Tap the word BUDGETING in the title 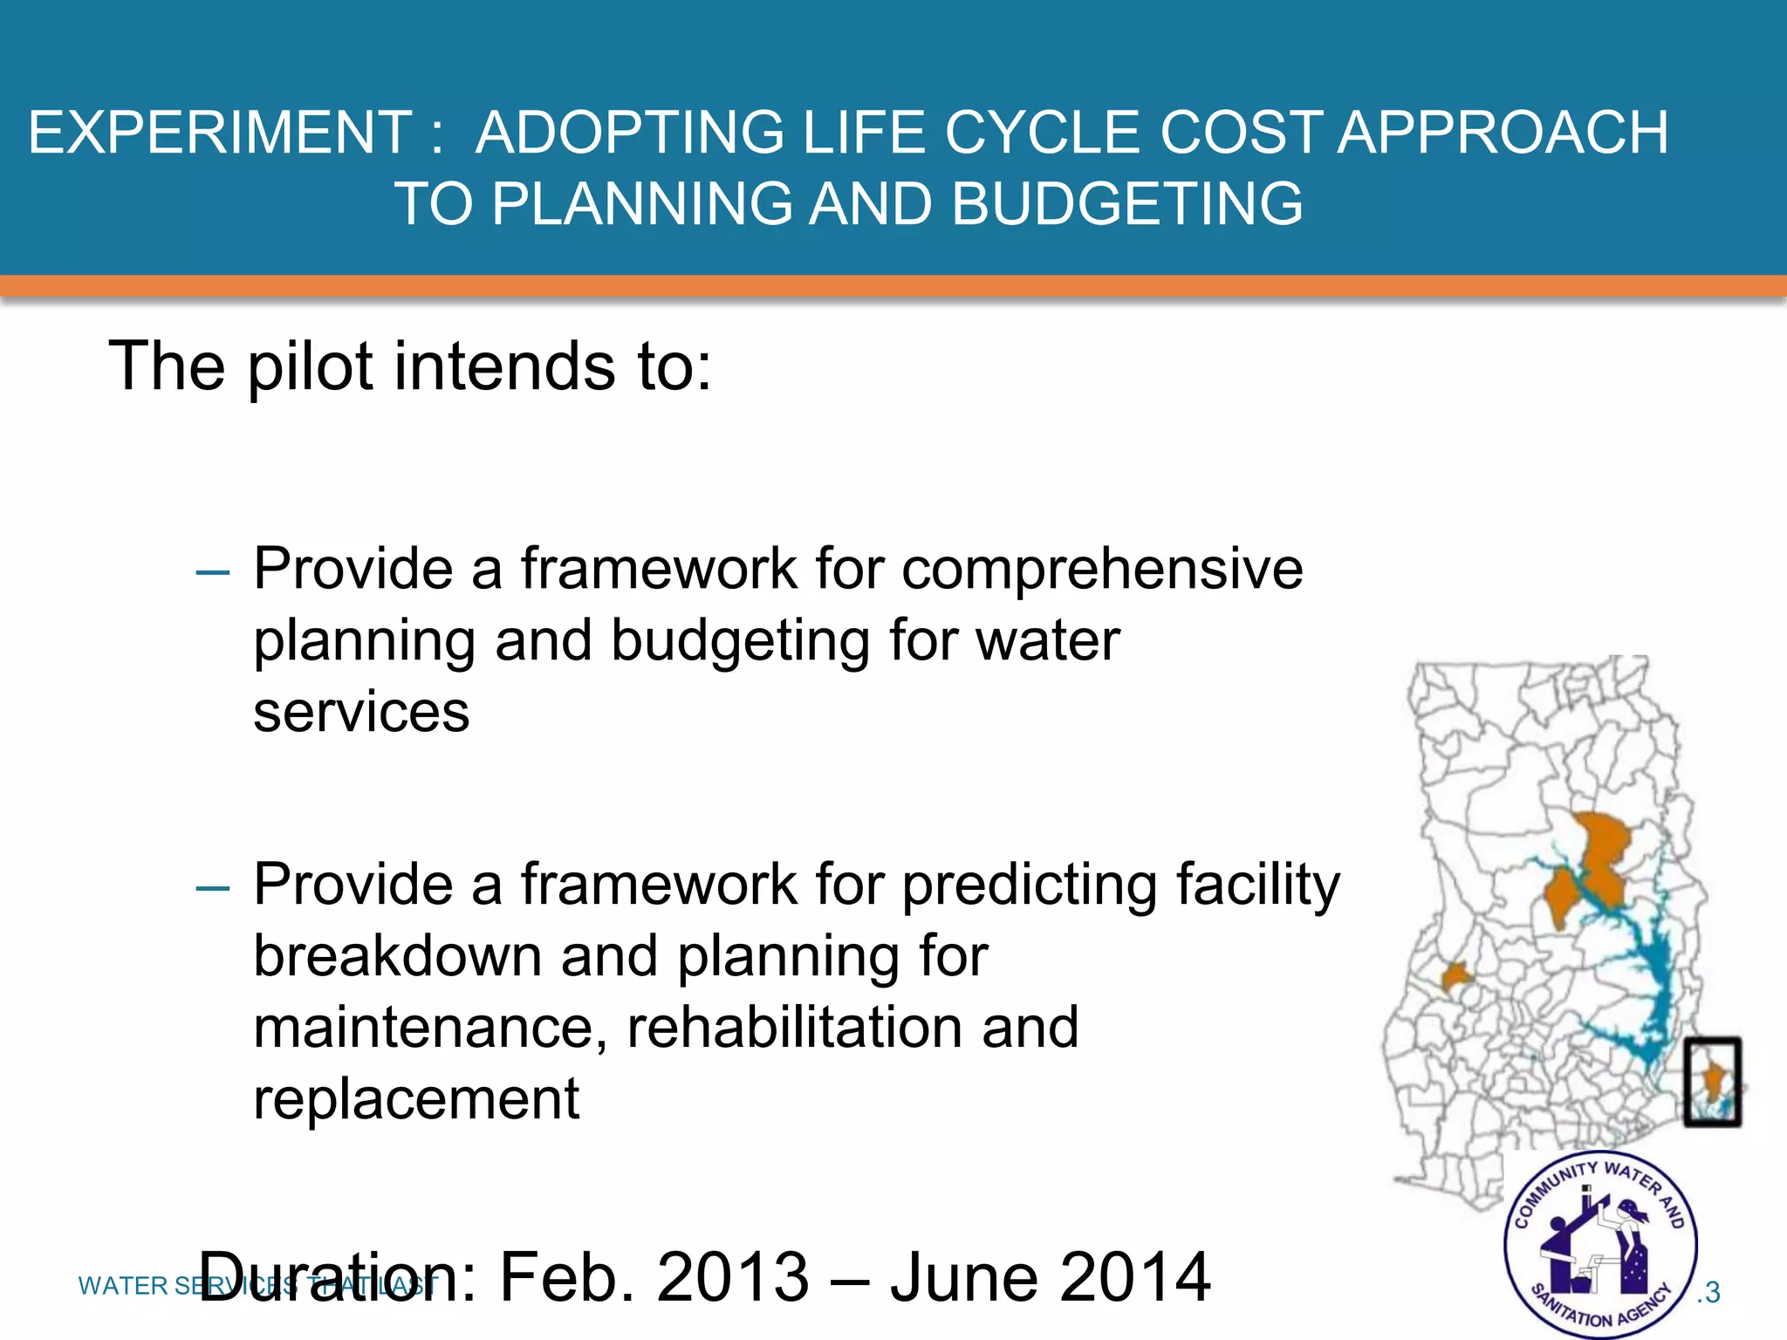point(1126,204)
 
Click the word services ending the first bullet point(361,712)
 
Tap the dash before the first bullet point(212,574)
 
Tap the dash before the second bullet point(212,889)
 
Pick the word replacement point(416,1099)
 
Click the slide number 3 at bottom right point(1711,1292)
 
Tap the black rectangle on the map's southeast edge point(1712,1081)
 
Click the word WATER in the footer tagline point(123,1286)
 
